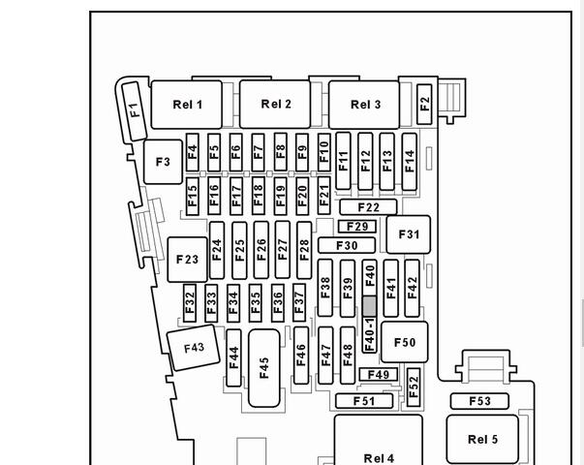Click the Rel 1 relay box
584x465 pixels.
click(x=187, y=105)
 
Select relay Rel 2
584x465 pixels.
click(x=276, y=105)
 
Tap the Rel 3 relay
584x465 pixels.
click(x=365, y=105)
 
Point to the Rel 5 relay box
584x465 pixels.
click(x=482, y=439)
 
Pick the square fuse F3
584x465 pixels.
click(x=163, y=162)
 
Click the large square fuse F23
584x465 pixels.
click(x=187, y=260)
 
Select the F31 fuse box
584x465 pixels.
click(x=409, y=234)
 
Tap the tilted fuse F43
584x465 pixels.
click(x=194, y=348)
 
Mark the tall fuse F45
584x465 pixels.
click(x=264, y=367)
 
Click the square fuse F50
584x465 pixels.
click(x=405, y=342)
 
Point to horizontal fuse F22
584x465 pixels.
click(x=368, y=207)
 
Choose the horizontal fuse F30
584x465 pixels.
click(x=347, y=246)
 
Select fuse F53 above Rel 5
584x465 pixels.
click(x=479, y=401)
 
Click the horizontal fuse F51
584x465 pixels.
click(x=364, y=401)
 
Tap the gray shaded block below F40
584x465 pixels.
click(x=369, y=306)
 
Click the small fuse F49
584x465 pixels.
click(x=378, y=375)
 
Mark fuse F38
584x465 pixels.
click(x=325, y=288)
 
